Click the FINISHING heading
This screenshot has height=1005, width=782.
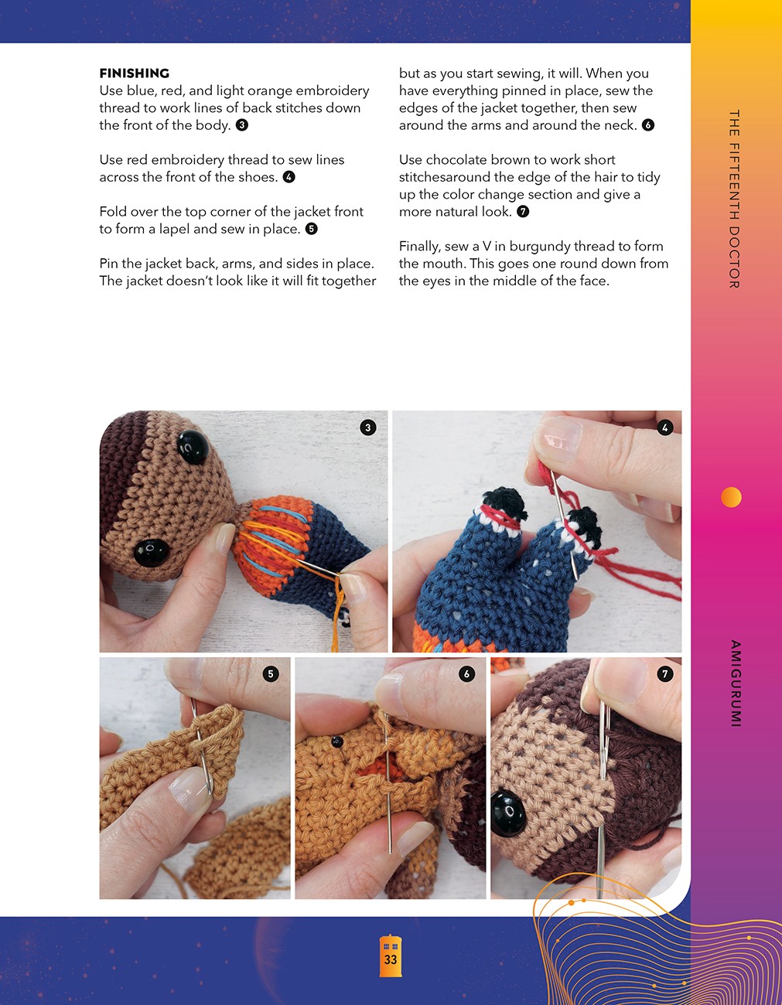(x=134, y=73)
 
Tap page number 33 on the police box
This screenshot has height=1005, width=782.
(x=391, y=959)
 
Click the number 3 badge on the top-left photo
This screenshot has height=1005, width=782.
(x=368, y=428)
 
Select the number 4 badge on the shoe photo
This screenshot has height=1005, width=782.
(x=665, y=428)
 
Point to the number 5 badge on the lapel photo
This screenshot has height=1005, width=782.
(x=271, y=674)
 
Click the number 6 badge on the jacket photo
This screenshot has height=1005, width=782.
(x=466, y=674)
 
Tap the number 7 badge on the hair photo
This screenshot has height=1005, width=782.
(x=665, y=674)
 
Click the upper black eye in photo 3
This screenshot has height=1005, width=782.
(x=193, y=447)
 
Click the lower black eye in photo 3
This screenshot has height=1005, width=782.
(x=152, y=552)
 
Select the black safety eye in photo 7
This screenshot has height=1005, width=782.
(x=508, y=813)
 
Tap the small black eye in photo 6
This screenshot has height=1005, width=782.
(x=337, y=742)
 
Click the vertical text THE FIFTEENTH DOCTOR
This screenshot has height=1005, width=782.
(x=734, y=199)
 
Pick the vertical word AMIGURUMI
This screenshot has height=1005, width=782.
(x=735, y=683)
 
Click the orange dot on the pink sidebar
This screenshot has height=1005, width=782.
(x=731, y=497)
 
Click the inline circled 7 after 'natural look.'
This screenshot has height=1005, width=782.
(x=523, y=212)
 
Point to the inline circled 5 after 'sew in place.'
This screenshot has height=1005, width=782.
(x=312, y=229)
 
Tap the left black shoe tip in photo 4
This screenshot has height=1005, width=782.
(x=503, y=501)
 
